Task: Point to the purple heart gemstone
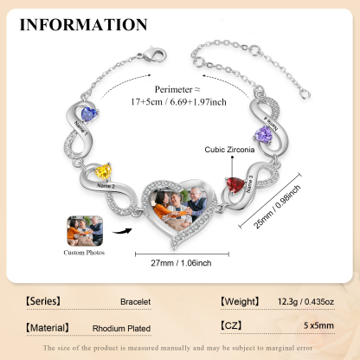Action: (265, 135)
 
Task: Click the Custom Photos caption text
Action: (85, 254)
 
